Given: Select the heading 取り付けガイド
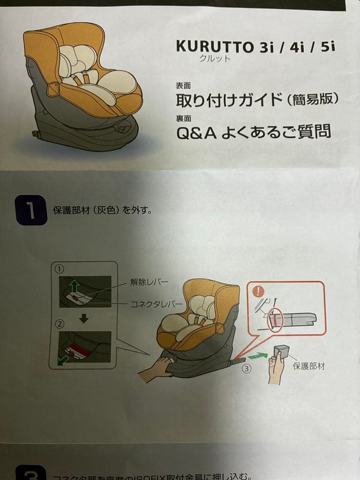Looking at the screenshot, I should pyautogui.click(x=229, y=100).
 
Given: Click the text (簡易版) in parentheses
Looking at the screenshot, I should pyautogui.click(x=313, y=100).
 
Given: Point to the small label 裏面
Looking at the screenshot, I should pyautogui.click(x=183, y=118).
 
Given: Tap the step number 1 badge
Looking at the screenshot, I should pyautogui.click(x=31, y=210).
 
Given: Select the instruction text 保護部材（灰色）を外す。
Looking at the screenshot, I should pyautogui.click(x=103, y=210).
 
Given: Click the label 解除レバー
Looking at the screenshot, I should pyautogui.click(x=149, y=282).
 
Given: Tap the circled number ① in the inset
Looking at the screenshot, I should pyautogui.click(x=60, y=269).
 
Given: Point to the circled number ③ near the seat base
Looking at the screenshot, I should pyautogui.click(x=246, y=368).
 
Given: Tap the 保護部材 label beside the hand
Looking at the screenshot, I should pyautogui.click(x=308, y=366).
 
